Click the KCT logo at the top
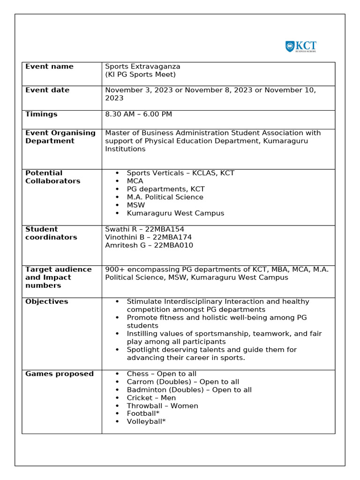click(300, 46)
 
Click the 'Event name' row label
click(49, 67)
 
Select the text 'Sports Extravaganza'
click(142, 67)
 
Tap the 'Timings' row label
click(41, 114)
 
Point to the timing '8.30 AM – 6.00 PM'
click(138, 114)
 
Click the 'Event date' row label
click(47, 90)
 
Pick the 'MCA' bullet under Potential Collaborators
click(135, 181)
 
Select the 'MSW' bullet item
click(136, 205)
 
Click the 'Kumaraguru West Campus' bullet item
click(175, 213)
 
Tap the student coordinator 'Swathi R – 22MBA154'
click(144, 229)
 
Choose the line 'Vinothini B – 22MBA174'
click(148, 237)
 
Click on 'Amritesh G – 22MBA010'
click(149, 245)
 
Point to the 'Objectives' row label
click(46, 301)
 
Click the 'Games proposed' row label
click(60, 374)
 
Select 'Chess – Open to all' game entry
click(162, 374)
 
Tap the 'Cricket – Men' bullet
click(151, 398)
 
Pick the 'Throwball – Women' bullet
click(162, 406)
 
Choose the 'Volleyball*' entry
click(146, 421)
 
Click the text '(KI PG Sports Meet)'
click(140, 75)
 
